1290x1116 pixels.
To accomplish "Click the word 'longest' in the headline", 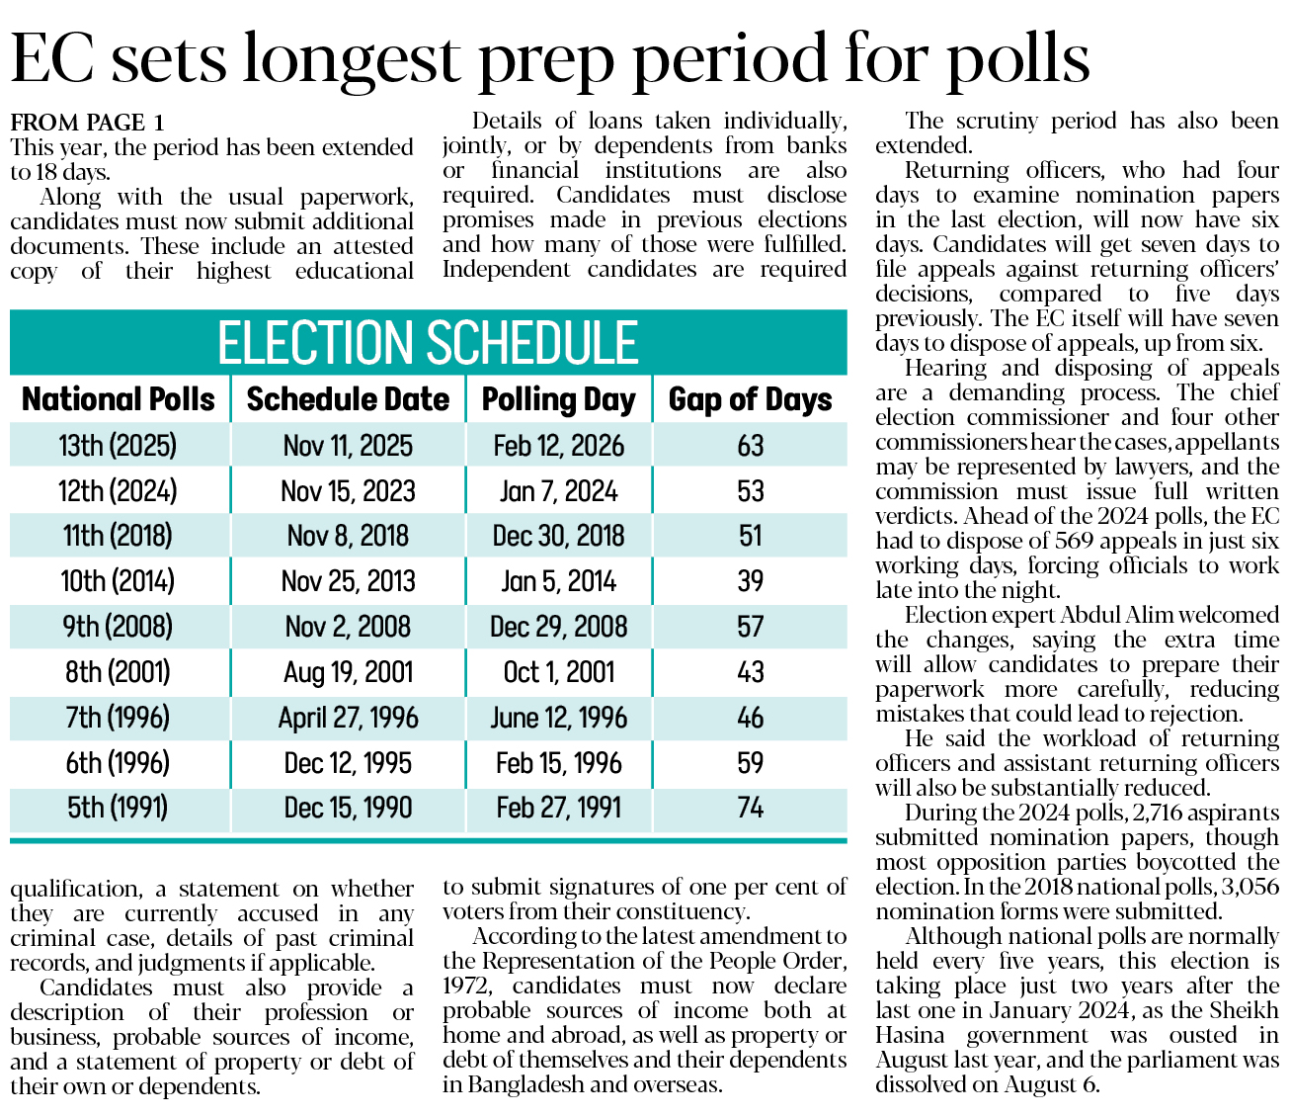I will (351, 59).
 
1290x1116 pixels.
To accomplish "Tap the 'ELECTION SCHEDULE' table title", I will (428, 343).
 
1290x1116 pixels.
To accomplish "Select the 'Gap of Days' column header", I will (750, 399).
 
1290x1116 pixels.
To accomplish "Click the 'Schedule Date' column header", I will (348, 399).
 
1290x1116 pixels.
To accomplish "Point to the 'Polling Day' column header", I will (558, 399).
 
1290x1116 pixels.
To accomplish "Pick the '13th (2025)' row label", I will (118, 446).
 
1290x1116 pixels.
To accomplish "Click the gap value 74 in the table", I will (750, 808).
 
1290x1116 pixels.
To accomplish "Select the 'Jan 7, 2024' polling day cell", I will (558, 491).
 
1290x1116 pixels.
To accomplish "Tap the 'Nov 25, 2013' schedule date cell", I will (348, 581).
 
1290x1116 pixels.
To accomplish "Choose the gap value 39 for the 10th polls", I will (750, 581).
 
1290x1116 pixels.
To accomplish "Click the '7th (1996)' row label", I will (118, 718).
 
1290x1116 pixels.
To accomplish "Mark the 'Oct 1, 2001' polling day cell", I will (558, 672).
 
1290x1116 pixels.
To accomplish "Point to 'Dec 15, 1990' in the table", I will (348, 808).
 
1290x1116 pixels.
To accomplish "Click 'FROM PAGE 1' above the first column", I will (87, 123).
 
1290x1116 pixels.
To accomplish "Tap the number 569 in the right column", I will (1073, 541).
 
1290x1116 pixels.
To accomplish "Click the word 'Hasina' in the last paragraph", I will (909, 1035).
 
